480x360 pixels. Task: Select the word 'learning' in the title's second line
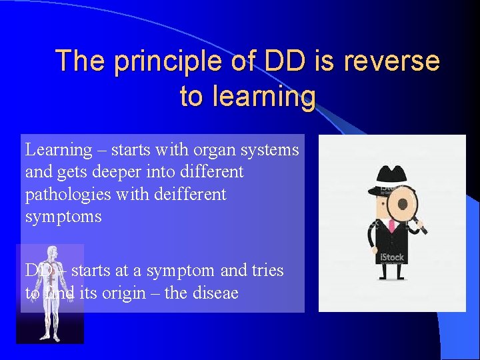coord(247,97)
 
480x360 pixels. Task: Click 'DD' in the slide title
coord(287,61)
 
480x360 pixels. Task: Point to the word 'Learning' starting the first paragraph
coord(59,151)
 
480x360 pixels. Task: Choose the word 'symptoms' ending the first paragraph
coord(63,217)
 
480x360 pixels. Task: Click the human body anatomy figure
coord(51,293)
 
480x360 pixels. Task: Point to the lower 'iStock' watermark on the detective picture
coord(391,257)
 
